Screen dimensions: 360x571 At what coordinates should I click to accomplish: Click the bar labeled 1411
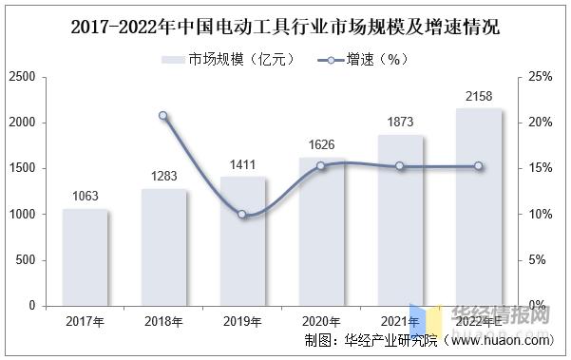(242, 241)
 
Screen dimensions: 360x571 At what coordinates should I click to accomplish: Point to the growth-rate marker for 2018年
(163, 116)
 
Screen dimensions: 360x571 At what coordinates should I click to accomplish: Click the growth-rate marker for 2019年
(242, 215)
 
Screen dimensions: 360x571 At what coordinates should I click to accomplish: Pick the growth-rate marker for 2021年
(400, 166)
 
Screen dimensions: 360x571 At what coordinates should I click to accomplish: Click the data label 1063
(86, 197)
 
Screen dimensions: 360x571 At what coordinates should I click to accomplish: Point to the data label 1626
(321, 144)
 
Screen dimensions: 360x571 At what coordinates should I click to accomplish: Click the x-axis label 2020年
(321, 323)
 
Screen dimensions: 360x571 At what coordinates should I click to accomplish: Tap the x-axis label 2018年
(163, 323)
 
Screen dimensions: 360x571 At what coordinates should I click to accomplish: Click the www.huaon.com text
(514, 340)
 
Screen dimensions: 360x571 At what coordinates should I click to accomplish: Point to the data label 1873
(400, 122)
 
